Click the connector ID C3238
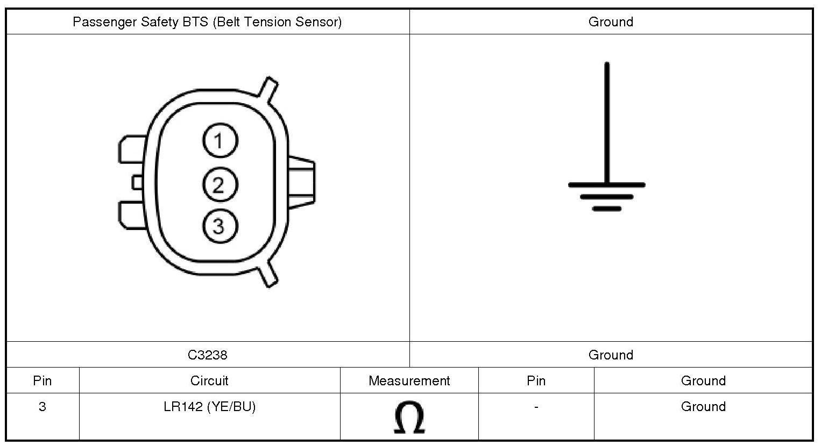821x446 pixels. (208, 355)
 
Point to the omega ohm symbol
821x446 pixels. (409, 417)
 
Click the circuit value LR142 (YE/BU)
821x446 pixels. (210, 406)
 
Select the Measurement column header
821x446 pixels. (409, 381)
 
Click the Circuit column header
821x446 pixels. (209, 381)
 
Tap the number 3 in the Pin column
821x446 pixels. (43, 406)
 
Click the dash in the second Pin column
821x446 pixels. (536, 406)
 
